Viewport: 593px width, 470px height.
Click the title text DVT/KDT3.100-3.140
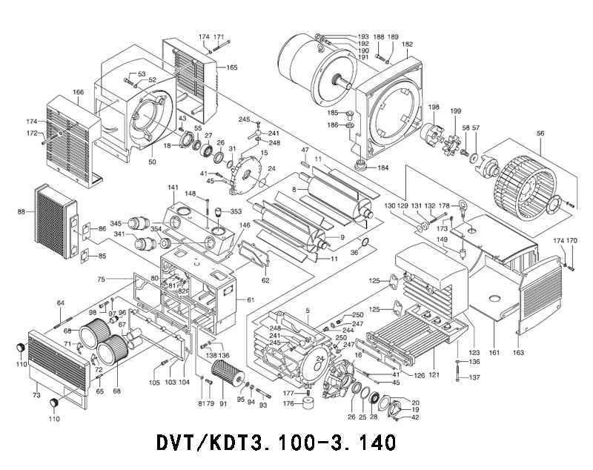pos(276,442)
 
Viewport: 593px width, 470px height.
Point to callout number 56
pos(540,133)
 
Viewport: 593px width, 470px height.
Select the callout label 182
pos(408,44)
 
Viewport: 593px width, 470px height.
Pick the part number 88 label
pos(21,212)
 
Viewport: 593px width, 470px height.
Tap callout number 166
pos(78,93)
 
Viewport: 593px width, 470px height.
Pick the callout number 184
pos(382,168)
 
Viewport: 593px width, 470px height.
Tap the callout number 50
pos(153,162)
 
